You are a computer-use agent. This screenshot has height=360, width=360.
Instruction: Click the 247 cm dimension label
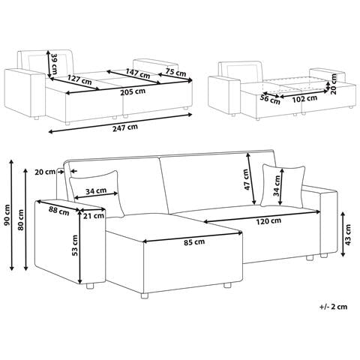pyautogui.click(x=125, y=127)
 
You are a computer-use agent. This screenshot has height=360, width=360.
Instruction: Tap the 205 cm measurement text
pyautogui.click(x=133, y=91)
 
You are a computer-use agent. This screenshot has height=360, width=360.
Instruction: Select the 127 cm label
pyautogui.click(x=79, y=79)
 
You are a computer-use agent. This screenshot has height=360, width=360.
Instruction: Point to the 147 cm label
pyautogui.click(x=138, y=73)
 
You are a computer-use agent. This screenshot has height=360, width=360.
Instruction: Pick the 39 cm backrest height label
pyautogui.click(x=54, y=61)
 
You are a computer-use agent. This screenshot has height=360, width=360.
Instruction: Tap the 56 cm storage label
pyautogui.click(x=270, y=99)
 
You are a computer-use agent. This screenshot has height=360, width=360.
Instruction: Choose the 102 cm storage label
pyautogui.click(x=304, y=98)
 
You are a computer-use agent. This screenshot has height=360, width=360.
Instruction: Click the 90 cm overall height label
pyautogui.click(x=7, y=214)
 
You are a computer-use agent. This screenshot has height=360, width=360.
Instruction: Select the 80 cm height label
pyautogui.click(x=21, y=220)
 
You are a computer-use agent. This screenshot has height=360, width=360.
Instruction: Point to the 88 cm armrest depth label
pyautogui.click(x=59, y=211)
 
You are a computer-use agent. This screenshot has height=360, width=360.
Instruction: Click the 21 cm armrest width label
pyautogui.click(x=94, y=215)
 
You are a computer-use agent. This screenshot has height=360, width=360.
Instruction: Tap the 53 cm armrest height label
pyautogui.click(x=74, y=245)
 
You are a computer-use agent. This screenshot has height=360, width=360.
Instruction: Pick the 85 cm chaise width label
pyautogui.click(x=194, y=242)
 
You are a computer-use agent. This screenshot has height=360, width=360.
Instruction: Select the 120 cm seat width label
pyautogui.click(x=268, y=221)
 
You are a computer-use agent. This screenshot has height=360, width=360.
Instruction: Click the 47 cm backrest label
pyautogui.click(x=246, y=179)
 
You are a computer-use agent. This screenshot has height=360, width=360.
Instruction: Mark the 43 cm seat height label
pyautogui.click(x=348, y=235)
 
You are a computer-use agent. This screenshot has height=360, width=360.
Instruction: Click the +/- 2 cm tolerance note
pyautogui.click(x=333, y=307)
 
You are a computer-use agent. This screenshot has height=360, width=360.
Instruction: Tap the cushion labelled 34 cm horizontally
pyautogui.click(x=96, y=193)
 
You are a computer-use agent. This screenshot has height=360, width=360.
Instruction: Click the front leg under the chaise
pyautogui.click(x=144, y=295)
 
